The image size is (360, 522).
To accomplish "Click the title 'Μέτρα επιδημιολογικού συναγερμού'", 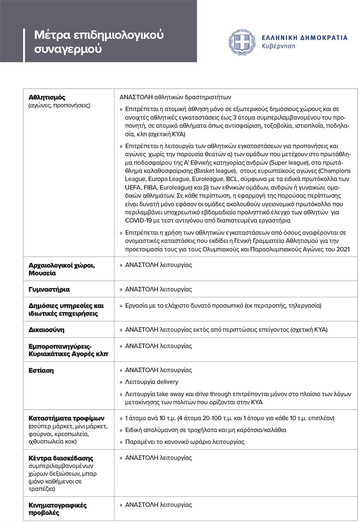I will coord(99,42).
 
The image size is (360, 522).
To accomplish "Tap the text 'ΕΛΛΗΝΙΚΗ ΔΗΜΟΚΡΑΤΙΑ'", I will coord(305,38).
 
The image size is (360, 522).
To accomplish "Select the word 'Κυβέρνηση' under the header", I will coord(279,46).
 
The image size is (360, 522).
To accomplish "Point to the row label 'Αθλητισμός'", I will coord(47,97).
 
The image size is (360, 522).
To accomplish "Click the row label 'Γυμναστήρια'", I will coord(49,289).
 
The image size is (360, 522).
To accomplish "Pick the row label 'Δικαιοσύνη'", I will coord(46,329).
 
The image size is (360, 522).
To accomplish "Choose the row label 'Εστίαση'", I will coord(41,370).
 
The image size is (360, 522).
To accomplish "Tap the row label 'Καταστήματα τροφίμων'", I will coord(66,419).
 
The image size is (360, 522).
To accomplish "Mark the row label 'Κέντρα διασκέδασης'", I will coord(61,458).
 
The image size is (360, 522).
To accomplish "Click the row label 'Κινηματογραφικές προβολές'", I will coord(57,509).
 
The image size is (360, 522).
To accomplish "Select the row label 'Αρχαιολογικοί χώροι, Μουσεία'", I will coord(61,269).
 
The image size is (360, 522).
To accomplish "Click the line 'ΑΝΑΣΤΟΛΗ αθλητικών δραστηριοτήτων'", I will coord(175,97).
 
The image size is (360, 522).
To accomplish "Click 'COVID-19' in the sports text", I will coord(138,221).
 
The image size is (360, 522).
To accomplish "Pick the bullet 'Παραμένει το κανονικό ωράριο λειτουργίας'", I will coord(184,442).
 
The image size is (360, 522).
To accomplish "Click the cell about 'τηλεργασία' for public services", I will coord(223,306).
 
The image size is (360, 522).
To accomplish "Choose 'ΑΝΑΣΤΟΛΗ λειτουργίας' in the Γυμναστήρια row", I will coord(158,289).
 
